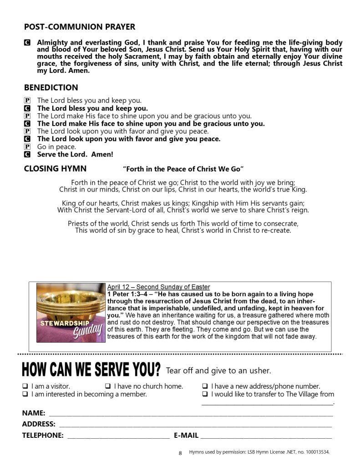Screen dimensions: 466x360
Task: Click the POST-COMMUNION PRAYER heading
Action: pyautogui.click(x=79, y=27)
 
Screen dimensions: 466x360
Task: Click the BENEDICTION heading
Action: pyautogui.click(x=51, y=87)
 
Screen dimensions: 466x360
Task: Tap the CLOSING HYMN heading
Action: pyautogui.click(x=55, y=169)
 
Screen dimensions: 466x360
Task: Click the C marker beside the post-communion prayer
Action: pyautogui.click(x=27, y=43)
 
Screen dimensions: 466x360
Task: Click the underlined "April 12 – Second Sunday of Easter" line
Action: pyautogui.click(x=158, y=287)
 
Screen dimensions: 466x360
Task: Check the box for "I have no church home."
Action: pyautogui.click(x=108, y=386)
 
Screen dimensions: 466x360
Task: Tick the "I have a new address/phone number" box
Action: pyautogui.click(x=205, y=386)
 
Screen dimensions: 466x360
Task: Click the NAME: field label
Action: pyautogui.click(x=34, y=413)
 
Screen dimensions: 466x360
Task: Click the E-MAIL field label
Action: pyautogui.click(x=186, y=436)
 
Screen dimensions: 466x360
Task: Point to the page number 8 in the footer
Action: pyautogui.click(x=180, y=453)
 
